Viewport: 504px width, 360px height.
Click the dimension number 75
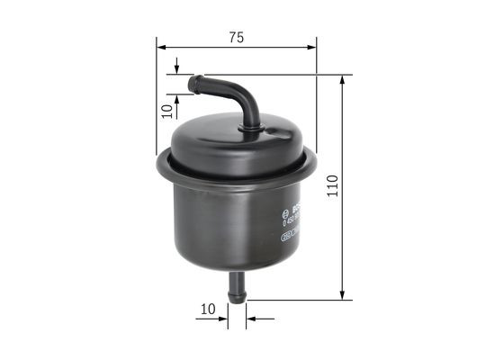tap(236, 37)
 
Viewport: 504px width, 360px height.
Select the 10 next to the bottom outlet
tap(209, 308)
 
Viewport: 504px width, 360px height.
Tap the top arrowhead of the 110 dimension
tap(343, 80)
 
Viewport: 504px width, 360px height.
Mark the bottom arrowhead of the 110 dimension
tap(343, 294)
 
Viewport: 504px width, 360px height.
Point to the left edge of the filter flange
tap(159, 162)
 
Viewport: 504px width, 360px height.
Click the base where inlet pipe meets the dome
tap(250, 129)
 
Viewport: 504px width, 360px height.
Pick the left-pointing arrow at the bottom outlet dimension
tap(251, 318)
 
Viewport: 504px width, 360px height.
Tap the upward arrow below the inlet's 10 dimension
tap(177, 97)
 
